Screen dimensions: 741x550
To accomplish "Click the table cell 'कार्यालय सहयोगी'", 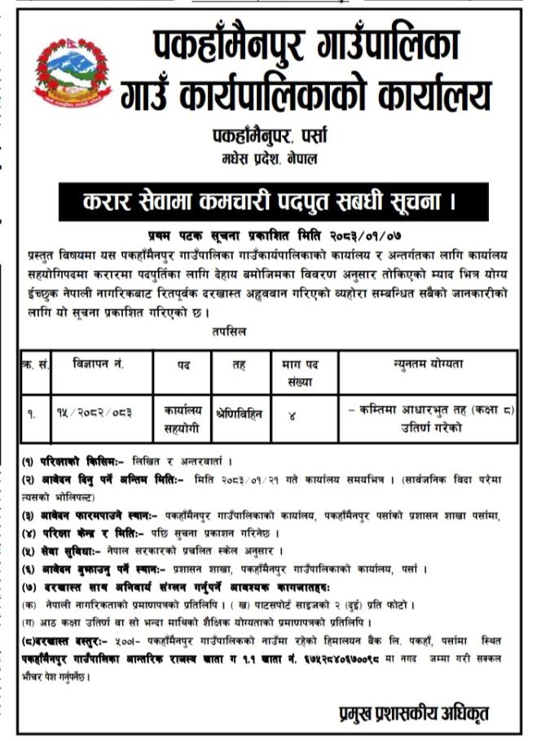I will (x=182, y=419).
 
